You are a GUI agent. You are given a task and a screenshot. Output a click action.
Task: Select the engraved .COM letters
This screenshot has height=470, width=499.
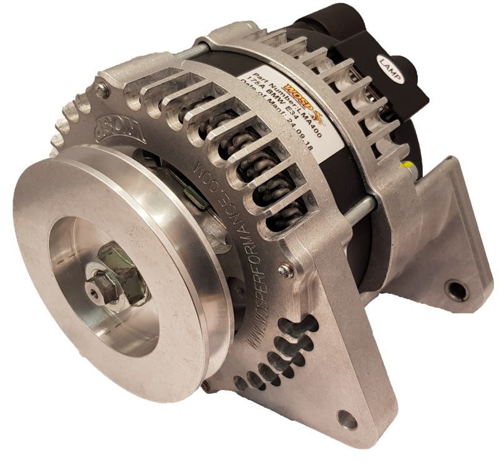[198, 169]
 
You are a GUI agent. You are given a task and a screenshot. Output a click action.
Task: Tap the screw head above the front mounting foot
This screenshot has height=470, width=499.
[285, 270]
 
